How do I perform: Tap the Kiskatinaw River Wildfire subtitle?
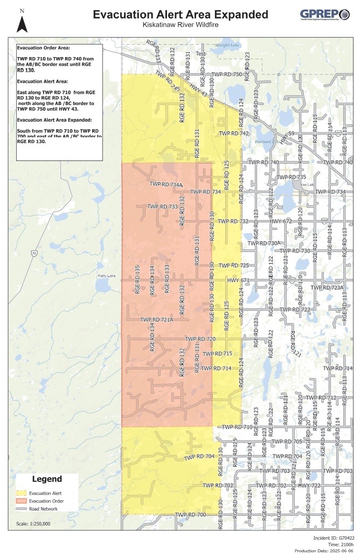[179, 25]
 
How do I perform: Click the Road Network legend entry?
[38, 508]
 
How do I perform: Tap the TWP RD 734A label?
[167, 185]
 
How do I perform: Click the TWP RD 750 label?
[227, 74]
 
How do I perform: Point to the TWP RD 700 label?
[191, 515]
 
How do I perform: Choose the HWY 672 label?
[280, 221]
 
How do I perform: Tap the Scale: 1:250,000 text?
[33, 523]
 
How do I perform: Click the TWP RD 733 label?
[162, 206]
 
